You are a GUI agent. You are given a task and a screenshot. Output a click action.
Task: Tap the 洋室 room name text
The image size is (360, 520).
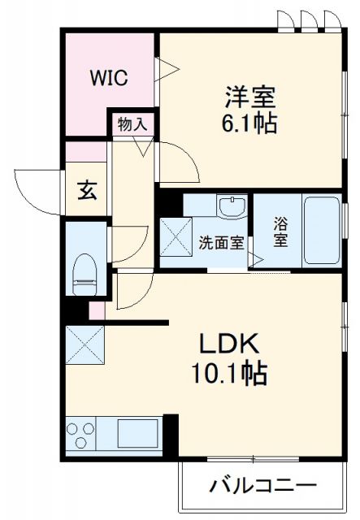tap(250, 97)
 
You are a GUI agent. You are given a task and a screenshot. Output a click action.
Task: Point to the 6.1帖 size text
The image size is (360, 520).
tap(250, 123)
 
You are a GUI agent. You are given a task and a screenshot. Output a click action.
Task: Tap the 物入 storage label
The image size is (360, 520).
tap(132, 124)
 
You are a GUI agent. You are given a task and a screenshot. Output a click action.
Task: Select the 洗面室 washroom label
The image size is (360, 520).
tap(220, 241)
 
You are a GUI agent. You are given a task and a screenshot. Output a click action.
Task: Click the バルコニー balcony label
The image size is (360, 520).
tap(262, 487)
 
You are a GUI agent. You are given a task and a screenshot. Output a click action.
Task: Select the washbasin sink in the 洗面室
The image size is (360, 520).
tap(233, 206)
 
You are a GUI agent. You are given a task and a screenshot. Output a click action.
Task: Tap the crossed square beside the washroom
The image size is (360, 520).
tap(176, 234)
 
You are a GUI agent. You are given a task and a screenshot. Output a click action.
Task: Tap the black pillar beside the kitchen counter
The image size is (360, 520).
tap(170, 435)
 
